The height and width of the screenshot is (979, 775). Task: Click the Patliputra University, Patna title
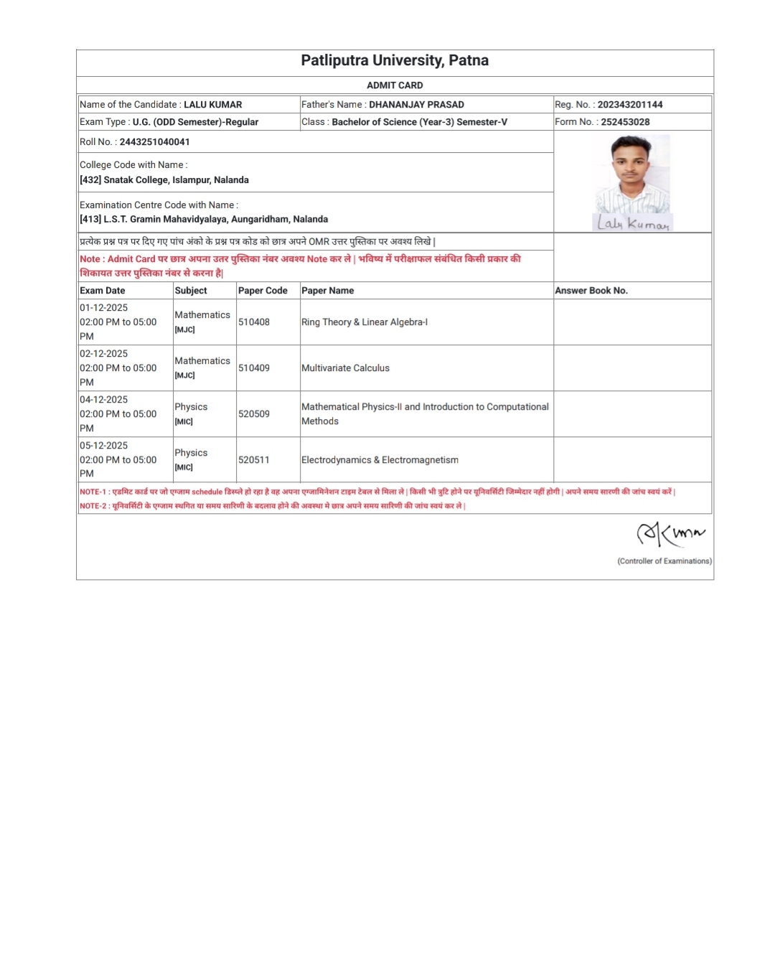click(x=395, y=60)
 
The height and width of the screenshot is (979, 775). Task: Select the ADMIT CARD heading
click(x=395, y=85)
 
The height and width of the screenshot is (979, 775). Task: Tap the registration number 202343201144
click(x=630, y=105)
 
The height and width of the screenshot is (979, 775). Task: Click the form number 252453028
click(x=625, y=122)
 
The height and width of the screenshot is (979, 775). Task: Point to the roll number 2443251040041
click(x=154, y=142)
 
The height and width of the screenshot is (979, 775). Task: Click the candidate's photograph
click(x=632, y=174)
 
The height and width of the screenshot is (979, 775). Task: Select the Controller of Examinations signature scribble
click(x=670, y=533)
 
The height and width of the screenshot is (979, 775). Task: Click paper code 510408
click(x=254, y=322)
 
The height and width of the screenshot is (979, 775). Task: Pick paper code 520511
click(x=254, y=460)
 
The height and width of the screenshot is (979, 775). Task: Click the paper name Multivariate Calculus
click(x=345, y=368)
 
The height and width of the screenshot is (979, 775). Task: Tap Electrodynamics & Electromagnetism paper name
click(x=380, y=460)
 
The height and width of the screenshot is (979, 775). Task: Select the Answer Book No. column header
click(x=591, y=291)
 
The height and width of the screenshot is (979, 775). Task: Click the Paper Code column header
click(x=263, y=291)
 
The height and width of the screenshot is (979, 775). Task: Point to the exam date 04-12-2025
click(x=104, y=400)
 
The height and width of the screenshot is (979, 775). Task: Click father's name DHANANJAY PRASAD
click(x=416, y=105)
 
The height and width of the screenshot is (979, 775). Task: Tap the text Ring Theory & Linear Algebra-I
click(x=365, y=322)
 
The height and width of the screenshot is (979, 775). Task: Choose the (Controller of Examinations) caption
click(x=664, y=561)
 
